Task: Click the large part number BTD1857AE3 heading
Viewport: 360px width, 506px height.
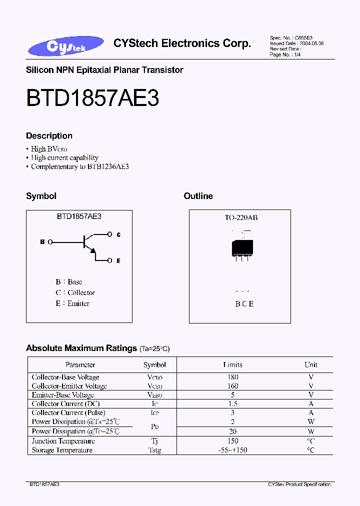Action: [x=92, y=98]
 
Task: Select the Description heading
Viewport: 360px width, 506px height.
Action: [x=49, y=136]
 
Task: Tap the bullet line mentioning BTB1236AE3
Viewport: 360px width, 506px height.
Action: [x=80, y=166]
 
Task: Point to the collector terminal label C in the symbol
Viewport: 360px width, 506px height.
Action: [x=118, y=234]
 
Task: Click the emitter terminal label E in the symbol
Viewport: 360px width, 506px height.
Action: [x=118, y=260]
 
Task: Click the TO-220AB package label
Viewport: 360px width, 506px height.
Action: [x=241, y=218]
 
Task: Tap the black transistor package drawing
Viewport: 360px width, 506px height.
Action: [x=242, y=247]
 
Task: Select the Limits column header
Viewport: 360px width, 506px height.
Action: [x=232, y=365]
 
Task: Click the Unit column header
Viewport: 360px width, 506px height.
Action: [x=311, y=365]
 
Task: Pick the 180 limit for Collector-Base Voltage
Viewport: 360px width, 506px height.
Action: [x=232, y=377]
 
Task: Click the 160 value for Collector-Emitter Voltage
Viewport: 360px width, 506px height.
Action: [x=232, y=386]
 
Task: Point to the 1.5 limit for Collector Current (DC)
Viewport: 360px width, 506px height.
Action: [x=232, y=404]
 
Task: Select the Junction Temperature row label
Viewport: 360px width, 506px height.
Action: [x=63, y=441]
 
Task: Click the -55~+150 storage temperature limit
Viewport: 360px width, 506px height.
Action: [x=232, y=450]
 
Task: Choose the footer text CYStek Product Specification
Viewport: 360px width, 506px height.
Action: [x=299, y=484]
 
